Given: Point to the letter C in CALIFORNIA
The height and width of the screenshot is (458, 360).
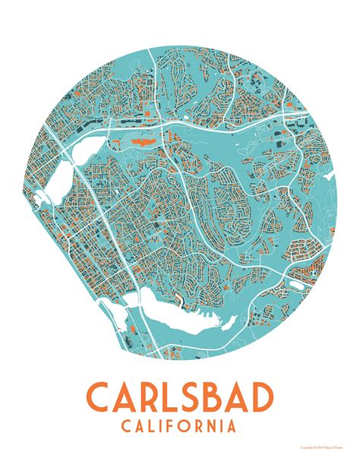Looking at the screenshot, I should pyautogui.click(x=126, y=426).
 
